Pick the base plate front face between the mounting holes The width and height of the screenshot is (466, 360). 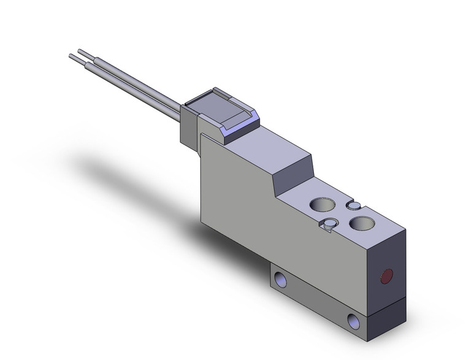[316, 301]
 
